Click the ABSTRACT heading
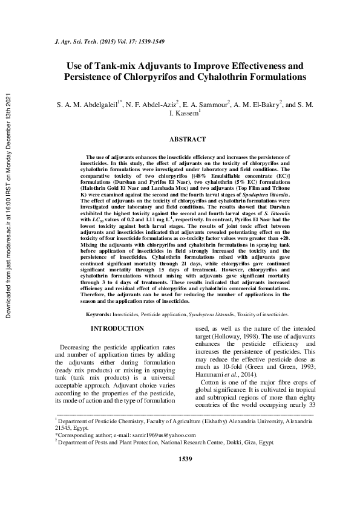(187, 139)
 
